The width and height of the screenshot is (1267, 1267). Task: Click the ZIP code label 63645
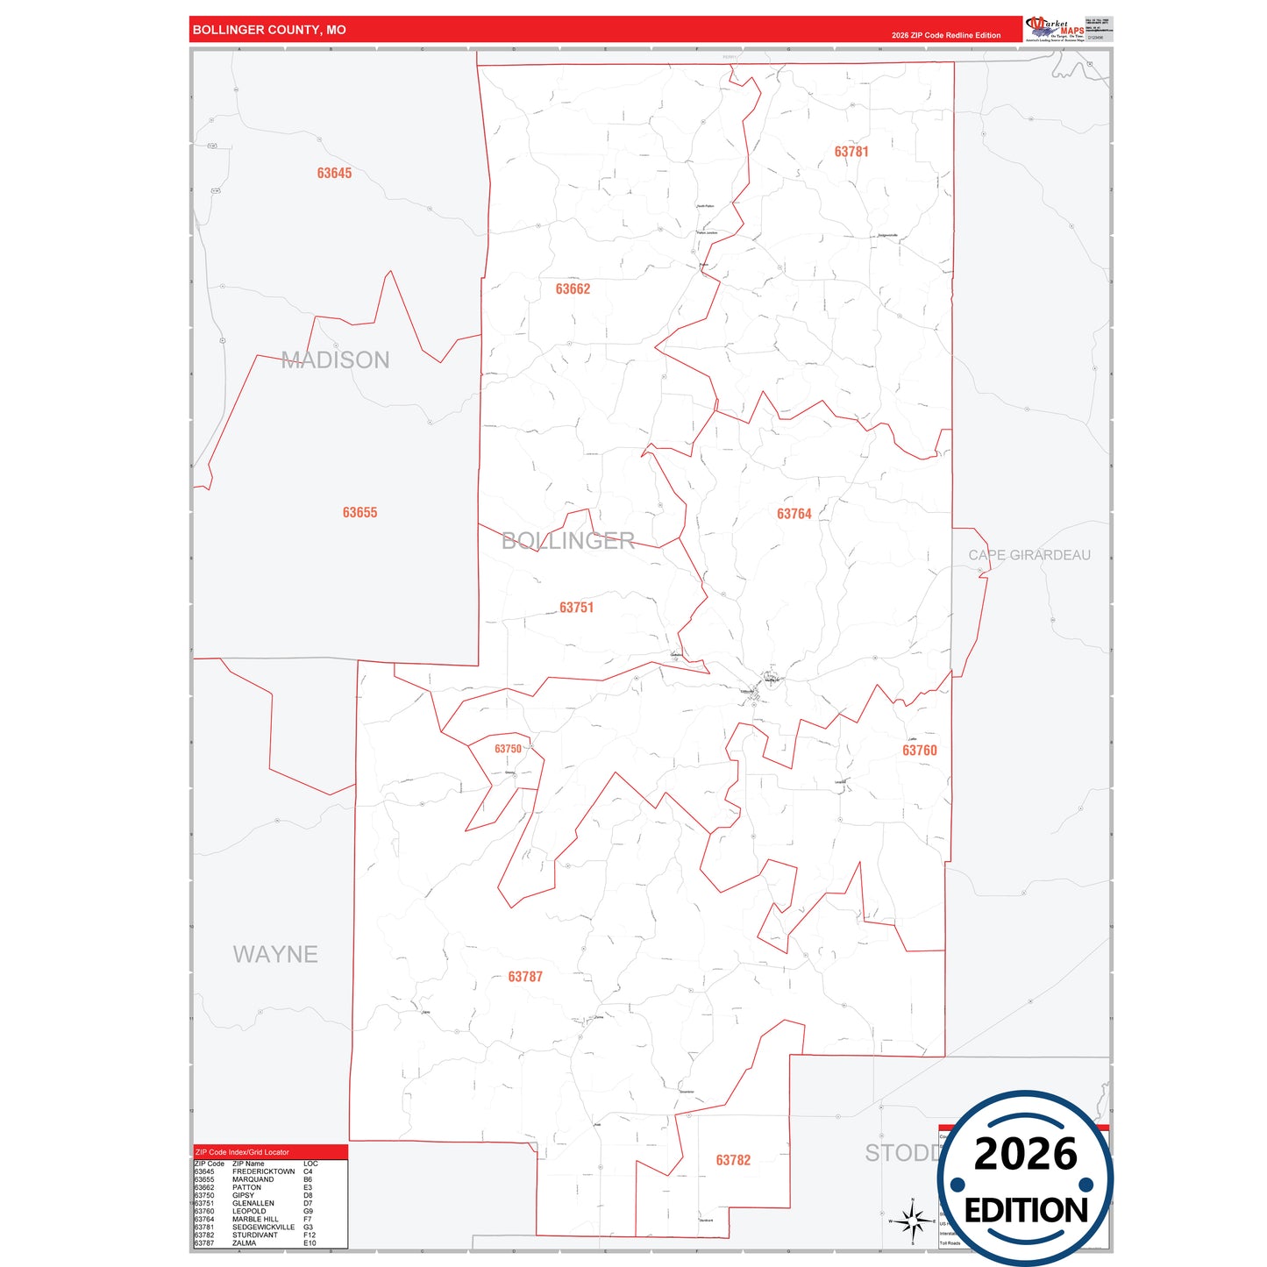click(x=334, y=174)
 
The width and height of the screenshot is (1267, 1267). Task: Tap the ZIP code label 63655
click(x=359, y=513)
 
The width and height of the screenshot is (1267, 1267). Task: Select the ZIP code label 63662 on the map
click(x=573, y=289)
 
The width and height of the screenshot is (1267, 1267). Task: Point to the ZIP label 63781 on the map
click(x=851, y=152)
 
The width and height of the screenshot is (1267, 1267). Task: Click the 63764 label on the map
click(x=794, y=514)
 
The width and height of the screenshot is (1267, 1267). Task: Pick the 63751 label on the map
click(x=576, y=608)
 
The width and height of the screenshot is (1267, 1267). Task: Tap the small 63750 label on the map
click(x=508, y=749)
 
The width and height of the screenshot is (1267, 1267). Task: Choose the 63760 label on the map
click(x=919, y=751)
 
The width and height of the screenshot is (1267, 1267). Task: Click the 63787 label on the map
click(x=525, y=977)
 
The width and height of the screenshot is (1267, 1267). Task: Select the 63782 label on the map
click(x=733, y=1160)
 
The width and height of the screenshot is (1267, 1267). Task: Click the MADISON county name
click(x=335, y=359)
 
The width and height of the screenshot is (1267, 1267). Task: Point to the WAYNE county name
click(x=275, y=954)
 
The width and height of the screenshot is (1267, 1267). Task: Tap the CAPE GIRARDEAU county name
click(x=1029, y=555)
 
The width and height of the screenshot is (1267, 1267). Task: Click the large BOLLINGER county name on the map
click(x=567, y=541)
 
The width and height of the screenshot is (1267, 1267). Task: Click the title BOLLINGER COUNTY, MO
click(x=269, y=30)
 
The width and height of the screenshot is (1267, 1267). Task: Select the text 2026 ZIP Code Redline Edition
click(x=945, y=35)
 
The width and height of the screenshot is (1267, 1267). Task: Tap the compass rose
click(x=912, y=1220)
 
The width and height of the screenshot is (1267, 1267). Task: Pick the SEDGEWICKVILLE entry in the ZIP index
click(x=263, y=1227)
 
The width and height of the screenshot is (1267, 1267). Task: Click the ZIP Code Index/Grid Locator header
click(x=242, y=1152)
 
